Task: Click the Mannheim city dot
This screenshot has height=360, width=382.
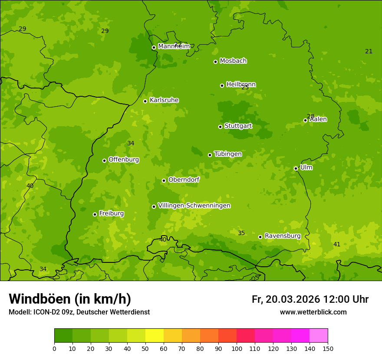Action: point(154,48)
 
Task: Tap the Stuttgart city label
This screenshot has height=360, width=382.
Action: point(238,126)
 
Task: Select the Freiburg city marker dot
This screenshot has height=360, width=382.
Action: point(95,214)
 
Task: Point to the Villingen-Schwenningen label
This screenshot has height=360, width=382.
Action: point(194,206)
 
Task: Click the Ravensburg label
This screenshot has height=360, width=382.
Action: point(282,236)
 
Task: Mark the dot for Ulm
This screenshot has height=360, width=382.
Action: point(296,168)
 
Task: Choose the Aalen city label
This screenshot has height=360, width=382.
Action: point(318,119)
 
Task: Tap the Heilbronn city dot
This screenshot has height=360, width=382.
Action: point(222,85)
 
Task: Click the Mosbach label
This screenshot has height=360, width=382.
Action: point(233,61)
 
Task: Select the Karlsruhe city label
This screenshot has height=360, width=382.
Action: point(164,100)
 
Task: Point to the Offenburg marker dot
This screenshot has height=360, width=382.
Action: point(104,160)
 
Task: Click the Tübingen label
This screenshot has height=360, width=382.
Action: point(227,154)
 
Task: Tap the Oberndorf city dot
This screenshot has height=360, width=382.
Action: point(164,180)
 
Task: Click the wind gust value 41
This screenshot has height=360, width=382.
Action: point(336,244)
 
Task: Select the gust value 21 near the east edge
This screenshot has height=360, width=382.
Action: point(369,51)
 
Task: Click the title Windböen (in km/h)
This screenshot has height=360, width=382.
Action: point(70,299)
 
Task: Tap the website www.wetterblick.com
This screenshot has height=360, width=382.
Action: point(313,312)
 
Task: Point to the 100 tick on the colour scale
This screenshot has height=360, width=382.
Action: point(237,348)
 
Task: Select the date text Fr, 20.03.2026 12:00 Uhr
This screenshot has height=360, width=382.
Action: point(310,299)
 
